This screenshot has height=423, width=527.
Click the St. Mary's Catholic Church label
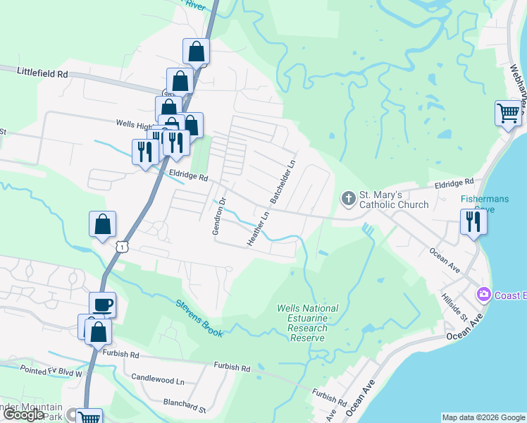(x=394, y=200)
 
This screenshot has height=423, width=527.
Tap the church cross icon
(x=348, y=199)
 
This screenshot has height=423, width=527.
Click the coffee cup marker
(x=103, y=305)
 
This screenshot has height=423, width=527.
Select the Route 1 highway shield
(x=123, y=246)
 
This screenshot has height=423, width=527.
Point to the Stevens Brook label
(x=200, y=317)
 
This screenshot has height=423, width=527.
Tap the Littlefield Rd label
(x=42, y=72)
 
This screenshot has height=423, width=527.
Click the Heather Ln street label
(x=258, y=230)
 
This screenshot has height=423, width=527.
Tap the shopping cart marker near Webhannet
(x=508, y=112)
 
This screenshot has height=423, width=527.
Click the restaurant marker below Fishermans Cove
(x=472, y=222)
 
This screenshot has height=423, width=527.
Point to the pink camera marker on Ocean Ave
(x=483, y=294)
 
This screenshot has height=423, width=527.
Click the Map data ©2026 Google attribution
(x=483, y=417)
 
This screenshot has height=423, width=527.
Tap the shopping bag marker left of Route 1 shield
(x=102, y=224)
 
